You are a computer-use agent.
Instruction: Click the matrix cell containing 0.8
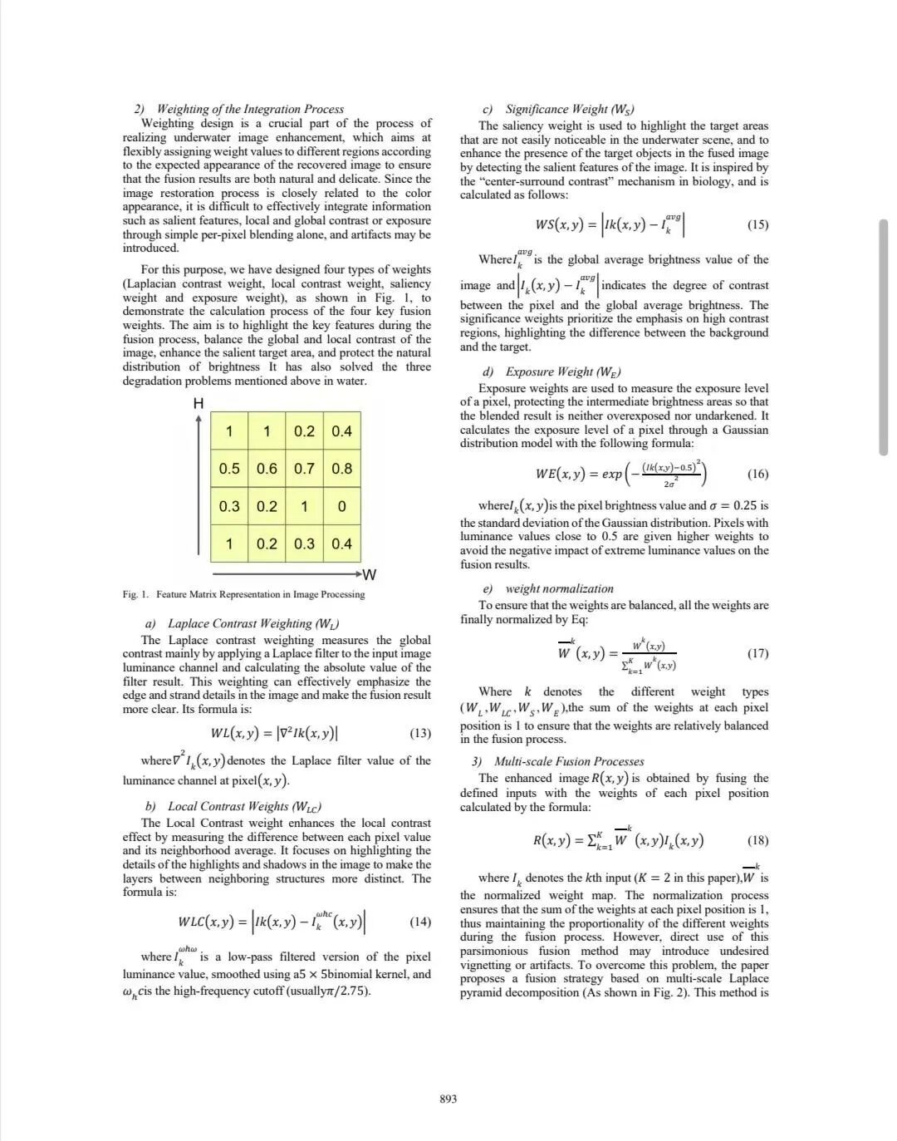click(x=341, y=469)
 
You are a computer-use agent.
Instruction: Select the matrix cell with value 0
click(x=341, y=506)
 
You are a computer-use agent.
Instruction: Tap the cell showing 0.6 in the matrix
click(x=267, y=469)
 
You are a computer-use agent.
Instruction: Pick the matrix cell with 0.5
click(x=229, y=469)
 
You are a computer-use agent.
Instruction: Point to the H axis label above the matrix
click(x=199, y=404)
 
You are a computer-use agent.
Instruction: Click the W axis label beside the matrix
click(x=370, y=574)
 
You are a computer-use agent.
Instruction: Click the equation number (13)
click(x=420, y=733)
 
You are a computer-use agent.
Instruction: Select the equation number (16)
click(x=757, y=474)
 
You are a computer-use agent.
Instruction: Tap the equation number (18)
click(x=757, y=840)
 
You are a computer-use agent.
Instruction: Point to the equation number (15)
click(x=757, y=224)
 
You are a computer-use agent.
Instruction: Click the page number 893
click(x=448, y=1099)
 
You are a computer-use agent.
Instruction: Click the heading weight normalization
click(x=559, y=588)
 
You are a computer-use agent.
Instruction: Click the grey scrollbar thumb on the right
click(x=883, y=337)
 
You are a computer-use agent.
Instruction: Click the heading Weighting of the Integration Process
click(x=249, y=109)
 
